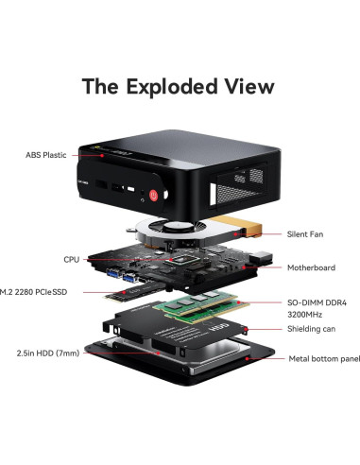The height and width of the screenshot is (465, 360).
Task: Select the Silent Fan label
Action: pyautogui.click(x=309, y=233)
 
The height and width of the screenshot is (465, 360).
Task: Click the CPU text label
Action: pyautogui.click(x=72, y=258)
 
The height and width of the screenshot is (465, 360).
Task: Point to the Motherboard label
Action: pyautogui.click(x=311, y=267)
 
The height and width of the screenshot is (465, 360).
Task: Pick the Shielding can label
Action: pyautogui.click(x=313, y=329)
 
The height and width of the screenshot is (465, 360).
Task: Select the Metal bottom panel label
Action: pyautogui.click(x=323, y=358)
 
